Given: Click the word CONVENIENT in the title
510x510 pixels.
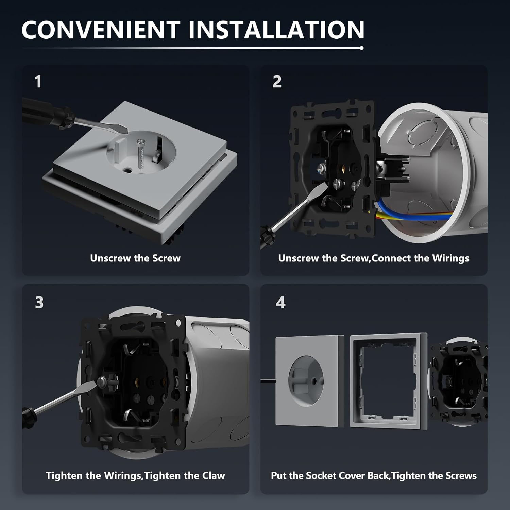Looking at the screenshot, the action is coord(101,30).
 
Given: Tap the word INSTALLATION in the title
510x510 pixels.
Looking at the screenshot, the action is coord(276,30).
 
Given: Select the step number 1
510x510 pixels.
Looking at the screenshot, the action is coord(38,82).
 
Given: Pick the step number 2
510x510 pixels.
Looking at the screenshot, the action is coord(277,82).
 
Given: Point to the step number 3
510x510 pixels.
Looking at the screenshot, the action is coord(39,302).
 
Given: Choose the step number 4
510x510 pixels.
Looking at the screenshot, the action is coord(280,302).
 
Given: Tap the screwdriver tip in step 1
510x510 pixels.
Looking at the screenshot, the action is coord(126,131).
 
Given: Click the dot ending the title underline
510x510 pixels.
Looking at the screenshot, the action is coord(361,48).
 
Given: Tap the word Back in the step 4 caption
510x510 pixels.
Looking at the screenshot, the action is coord(378,475).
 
